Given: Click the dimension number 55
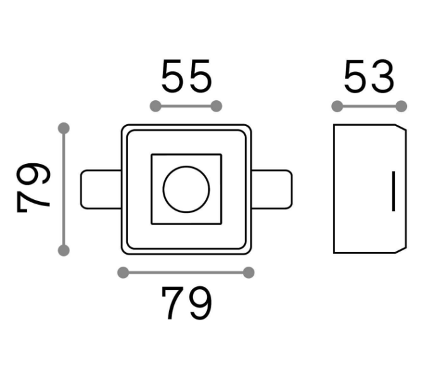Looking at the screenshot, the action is click(x=187, y=76).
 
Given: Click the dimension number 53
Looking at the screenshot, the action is click(x=369, y=76).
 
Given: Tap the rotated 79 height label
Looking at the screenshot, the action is click(x=33, y=187).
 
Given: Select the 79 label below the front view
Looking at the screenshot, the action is click(x=187, y=303).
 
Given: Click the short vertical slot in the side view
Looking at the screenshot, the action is click(x=394, y=191).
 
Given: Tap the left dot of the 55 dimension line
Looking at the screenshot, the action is click(x=155, y=106).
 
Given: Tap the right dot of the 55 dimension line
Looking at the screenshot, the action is click(x=216, y=106).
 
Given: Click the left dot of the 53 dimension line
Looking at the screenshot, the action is click(x=337, y=106).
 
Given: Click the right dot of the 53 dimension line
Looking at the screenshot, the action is click(x=401, y=106).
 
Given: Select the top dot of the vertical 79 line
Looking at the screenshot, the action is click(x=64, y=128).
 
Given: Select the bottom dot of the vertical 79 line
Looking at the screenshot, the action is click(x=64, y=250).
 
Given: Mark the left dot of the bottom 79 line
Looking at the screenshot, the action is click(x=123, y=272).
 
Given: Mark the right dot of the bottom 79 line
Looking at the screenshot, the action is click(x=249, y=272).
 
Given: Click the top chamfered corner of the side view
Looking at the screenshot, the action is click(x=401, y=127).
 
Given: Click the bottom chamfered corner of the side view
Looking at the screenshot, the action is click(x=401, y=250).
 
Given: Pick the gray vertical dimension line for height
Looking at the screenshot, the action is click(x=64, y=189).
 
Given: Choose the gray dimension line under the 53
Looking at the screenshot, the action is click(x=369, y=106).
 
